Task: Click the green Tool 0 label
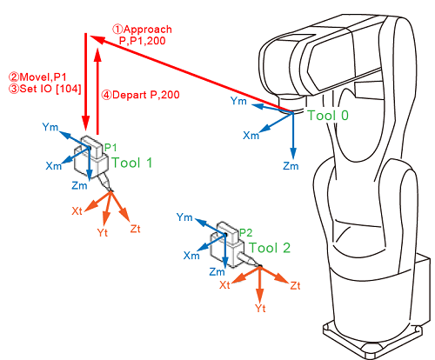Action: [328, 116]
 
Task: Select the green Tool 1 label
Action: [132, 163]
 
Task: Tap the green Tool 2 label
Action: [270, 248]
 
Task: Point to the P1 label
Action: [110, 148]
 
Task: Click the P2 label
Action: [245, 232]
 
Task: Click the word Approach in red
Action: [148, 30]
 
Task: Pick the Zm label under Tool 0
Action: [291, 166]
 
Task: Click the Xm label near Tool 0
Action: [251, 136]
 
